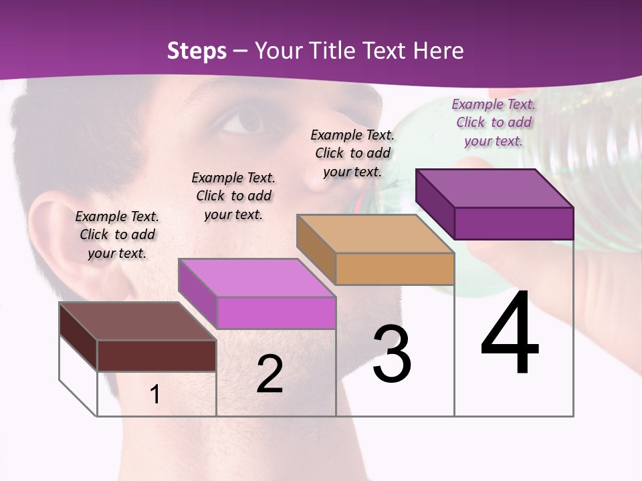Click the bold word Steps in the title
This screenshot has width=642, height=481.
pos(197,51)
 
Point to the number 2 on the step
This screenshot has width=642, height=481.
pos(270,374)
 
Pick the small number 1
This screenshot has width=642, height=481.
pos(155,394)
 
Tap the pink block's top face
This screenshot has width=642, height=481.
pos(257,278)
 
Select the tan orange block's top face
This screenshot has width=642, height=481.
pos(375,234)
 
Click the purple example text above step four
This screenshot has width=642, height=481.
pos(494,122)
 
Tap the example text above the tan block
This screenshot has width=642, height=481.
pos(352,153)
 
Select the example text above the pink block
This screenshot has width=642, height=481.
pos(233,196)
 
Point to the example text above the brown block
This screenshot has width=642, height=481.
pos(117,234)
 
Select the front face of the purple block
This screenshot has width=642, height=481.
pos(514,223)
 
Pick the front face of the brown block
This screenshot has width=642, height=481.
pos(156,355)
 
